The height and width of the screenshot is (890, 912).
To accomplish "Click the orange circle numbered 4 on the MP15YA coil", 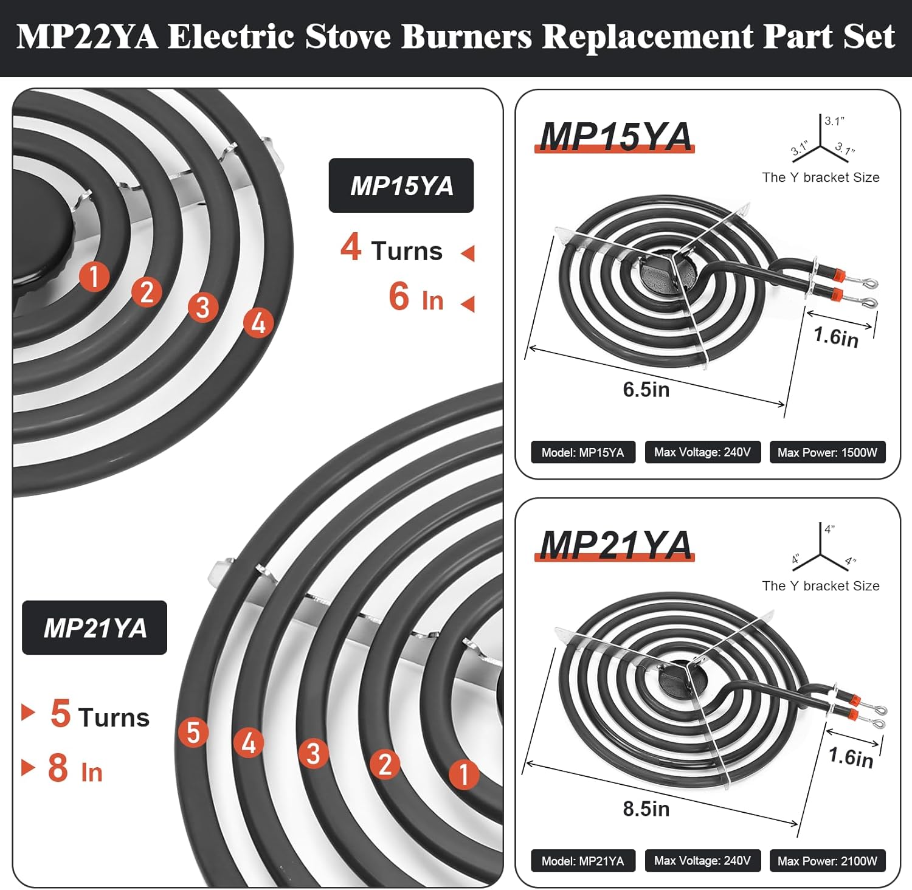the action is (x=258, y=322).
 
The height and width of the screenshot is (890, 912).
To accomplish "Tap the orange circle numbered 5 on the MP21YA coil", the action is (x=193, y=733).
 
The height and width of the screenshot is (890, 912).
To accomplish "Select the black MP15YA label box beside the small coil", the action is (x=401, y=185).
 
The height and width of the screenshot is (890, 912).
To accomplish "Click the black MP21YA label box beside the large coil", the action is (x=95, y=627).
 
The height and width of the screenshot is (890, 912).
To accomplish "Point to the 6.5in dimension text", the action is (x=646, y=389).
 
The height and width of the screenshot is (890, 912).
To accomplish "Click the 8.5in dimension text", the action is (x=646, y=809).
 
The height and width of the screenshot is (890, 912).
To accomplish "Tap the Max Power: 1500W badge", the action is (x=827, y=452).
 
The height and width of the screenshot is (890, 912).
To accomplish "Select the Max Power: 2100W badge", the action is (x=827, y=861).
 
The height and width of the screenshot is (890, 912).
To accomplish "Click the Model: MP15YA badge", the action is (x=583, y=452).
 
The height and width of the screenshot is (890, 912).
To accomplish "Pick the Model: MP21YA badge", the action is (x=583, y=861).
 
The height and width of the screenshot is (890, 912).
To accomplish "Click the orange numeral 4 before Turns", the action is (x=351, y=247).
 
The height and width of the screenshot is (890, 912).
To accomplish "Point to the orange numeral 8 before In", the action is (x=58, y=767).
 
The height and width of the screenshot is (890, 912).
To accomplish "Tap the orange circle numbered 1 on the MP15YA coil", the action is (x=94, y=277).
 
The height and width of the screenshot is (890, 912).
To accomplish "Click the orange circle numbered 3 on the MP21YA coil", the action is (x=313, y=753).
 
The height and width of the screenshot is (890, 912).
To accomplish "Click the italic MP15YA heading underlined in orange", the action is (x=615, y=136).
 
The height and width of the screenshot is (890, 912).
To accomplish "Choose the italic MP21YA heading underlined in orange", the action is (x=615, y=545).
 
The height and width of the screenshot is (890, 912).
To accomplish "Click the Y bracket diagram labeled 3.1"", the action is (x=821, y=139).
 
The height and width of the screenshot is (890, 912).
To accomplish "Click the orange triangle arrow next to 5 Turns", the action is (x=28, y=712).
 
